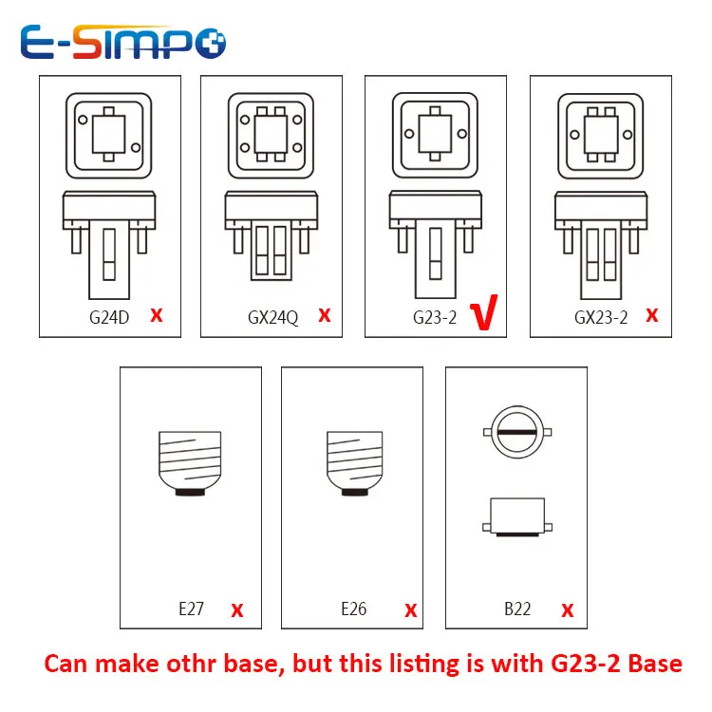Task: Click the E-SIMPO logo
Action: [x=122, y=42]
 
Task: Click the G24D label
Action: [x=109, y=317]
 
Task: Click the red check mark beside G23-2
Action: [x=486, y=316]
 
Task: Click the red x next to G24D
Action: [x=157, y=315]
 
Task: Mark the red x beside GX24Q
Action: [x=325, y=315]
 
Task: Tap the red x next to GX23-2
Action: [x=651, y=315]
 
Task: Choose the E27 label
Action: [x=191, y=609]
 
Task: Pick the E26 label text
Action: [x=353, y=609]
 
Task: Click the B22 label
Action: [x=517, y=609]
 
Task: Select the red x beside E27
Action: [x=237, y=609]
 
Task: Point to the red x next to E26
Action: [x=411, y=609]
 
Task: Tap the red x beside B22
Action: [x=568, y=609]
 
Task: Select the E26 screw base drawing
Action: [x=354, y=463]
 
